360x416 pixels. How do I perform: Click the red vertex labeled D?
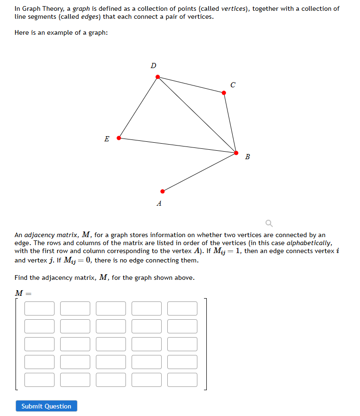(x=157, y=77)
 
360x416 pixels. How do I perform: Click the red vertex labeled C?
(x=224, y=92)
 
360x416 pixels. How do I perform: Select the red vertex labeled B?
(x=236, y=153)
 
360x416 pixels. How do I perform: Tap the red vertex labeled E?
(x=118, y=138)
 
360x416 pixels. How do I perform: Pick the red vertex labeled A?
(x=163, y=191)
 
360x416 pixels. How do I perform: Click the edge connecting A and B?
(x=199, y=172)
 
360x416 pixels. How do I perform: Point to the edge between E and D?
(x=138, y=107)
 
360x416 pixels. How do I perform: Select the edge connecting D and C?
(x=191, y=85)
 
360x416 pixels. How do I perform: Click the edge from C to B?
(x=230, y=123)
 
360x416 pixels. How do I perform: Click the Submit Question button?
(x=46, y=406)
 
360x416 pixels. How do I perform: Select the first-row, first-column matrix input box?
(x=39, y=308)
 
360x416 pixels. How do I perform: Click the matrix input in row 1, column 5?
(x=182, y=308)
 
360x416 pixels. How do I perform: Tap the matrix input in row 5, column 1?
(x=39, y=379)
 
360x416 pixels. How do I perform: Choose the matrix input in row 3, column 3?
(x=111, y=344)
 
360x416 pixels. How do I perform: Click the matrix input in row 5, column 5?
(x=182, y=379)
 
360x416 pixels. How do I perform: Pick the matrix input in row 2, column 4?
(x=147, y=326)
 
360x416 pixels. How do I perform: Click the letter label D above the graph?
(x=153, y=65)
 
